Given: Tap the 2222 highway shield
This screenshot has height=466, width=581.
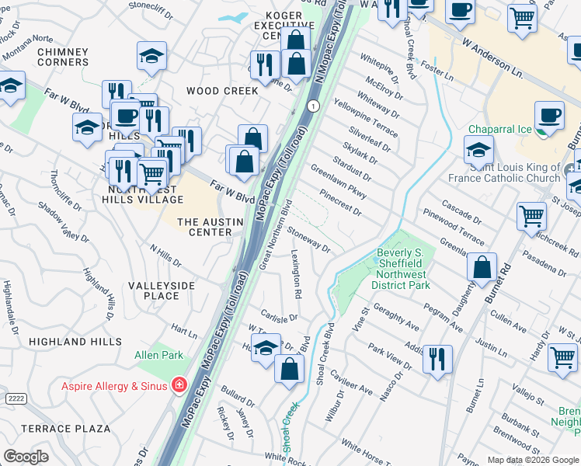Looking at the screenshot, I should pyautogui.click(x=16, y=398).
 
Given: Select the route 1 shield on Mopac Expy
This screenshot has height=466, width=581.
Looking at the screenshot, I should pyautogui.click(x=312, y=106).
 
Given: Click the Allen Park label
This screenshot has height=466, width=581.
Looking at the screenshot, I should pyautogui.click(x=158, y=355).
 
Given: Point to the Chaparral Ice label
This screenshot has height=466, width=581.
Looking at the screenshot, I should pyautogui.click(x=503, y=130).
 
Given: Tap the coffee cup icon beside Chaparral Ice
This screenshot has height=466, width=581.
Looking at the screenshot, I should pyautogui.click(x=550, y=116).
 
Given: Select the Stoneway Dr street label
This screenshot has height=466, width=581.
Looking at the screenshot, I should pyautogui.click(x=309, y=240).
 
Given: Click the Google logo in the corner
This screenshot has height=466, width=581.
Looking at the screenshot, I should pyautogui.click(x=26, y=457).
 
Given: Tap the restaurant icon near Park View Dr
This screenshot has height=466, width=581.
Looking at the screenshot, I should pyautogui.click(x=437, y=358).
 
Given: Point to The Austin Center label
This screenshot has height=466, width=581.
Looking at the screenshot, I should pyautogui.click(x=205, y=227).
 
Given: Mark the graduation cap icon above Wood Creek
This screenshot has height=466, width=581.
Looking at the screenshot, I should pyautogui.click(x=151, y=55).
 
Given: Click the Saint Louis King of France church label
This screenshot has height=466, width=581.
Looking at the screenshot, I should pyautogui.click(x=503, y=172).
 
